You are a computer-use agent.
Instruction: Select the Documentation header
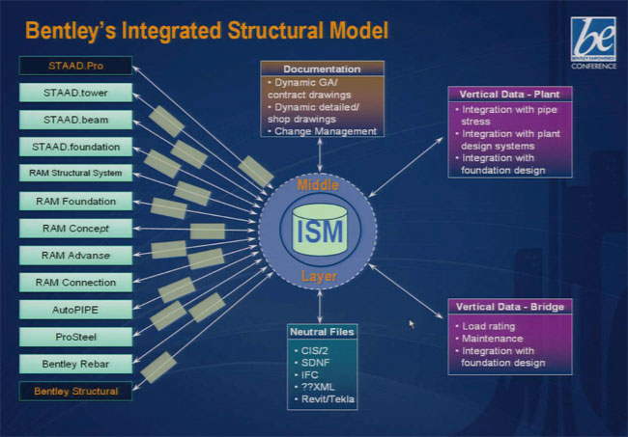(x=323, y=69)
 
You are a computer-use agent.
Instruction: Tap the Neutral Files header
(x=323, y=332)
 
